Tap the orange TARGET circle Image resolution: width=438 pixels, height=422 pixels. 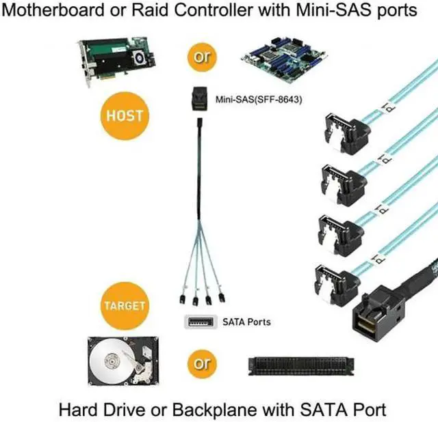click(x=124, y=305)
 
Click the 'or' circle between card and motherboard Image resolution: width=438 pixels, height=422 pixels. click(x=202, y=57)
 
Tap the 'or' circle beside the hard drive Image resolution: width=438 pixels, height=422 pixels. click(x=202, y=363)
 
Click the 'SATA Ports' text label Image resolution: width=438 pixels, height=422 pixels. click(x=247, y=321)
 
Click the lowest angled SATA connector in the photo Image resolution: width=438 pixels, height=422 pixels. click(x=336, y=281)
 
